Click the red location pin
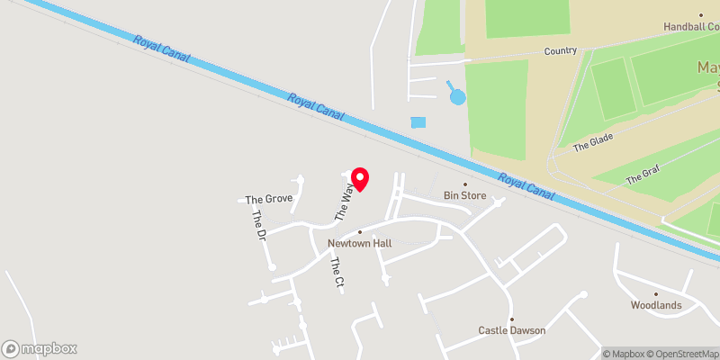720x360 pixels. tap(359, 179)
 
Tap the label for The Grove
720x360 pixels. tap(269, 199)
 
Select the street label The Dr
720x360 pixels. tap(259, 225)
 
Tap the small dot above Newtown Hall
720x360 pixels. tap(359, 232)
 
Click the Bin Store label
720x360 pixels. tap(464, 195)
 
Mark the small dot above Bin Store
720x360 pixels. tap(465, 184)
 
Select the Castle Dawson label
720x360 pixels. tap(511, 330)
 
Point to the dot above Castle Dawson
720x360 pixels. tap(511, 319)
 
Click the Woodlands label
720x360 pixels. tap(655, 305)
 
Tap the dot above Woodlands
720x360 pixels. tap(656, 293)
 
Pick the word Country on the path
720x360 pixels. tap(560, 51)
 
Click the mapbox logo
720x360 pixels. tap(40, 348)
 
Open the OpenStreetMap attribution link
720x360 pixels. tap(682, 354)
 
